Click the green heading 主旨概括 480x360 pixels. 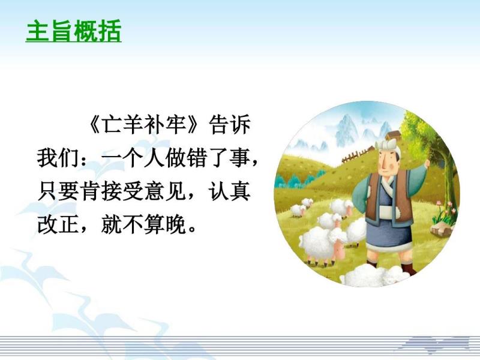tap(73, 31)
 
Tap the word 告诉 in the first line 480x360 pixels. tap(229, 125)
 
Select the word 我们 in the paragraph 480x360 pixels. tap(58, 158)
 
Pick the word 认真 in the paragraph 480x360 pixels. tap(229, 192)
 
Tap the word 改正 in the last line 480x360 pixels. tap(58, 226)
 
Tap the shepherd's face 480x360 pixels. tap(386, 163)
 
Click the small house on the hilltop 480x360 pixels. tap(393, 136)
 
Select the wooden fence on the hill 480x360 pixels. tap(358, 155)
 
